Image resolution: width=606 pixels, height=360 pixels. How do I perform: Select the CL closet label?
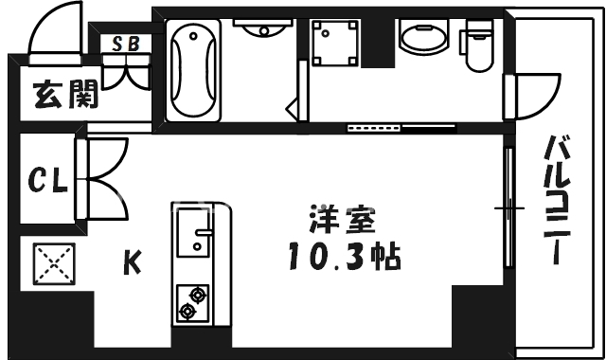coord(47,179)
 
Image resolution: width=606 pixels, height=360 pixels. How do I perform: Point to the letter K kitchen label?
coord(134,261)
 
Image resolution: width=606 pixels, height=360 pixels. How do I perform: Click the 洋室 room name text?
coord(342,221)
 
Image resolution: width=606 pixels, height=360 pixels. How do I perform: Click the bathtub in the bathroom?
coord(194,71)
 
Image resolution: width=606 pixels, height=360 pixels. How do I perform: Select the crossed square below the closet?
coord(55,265)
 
